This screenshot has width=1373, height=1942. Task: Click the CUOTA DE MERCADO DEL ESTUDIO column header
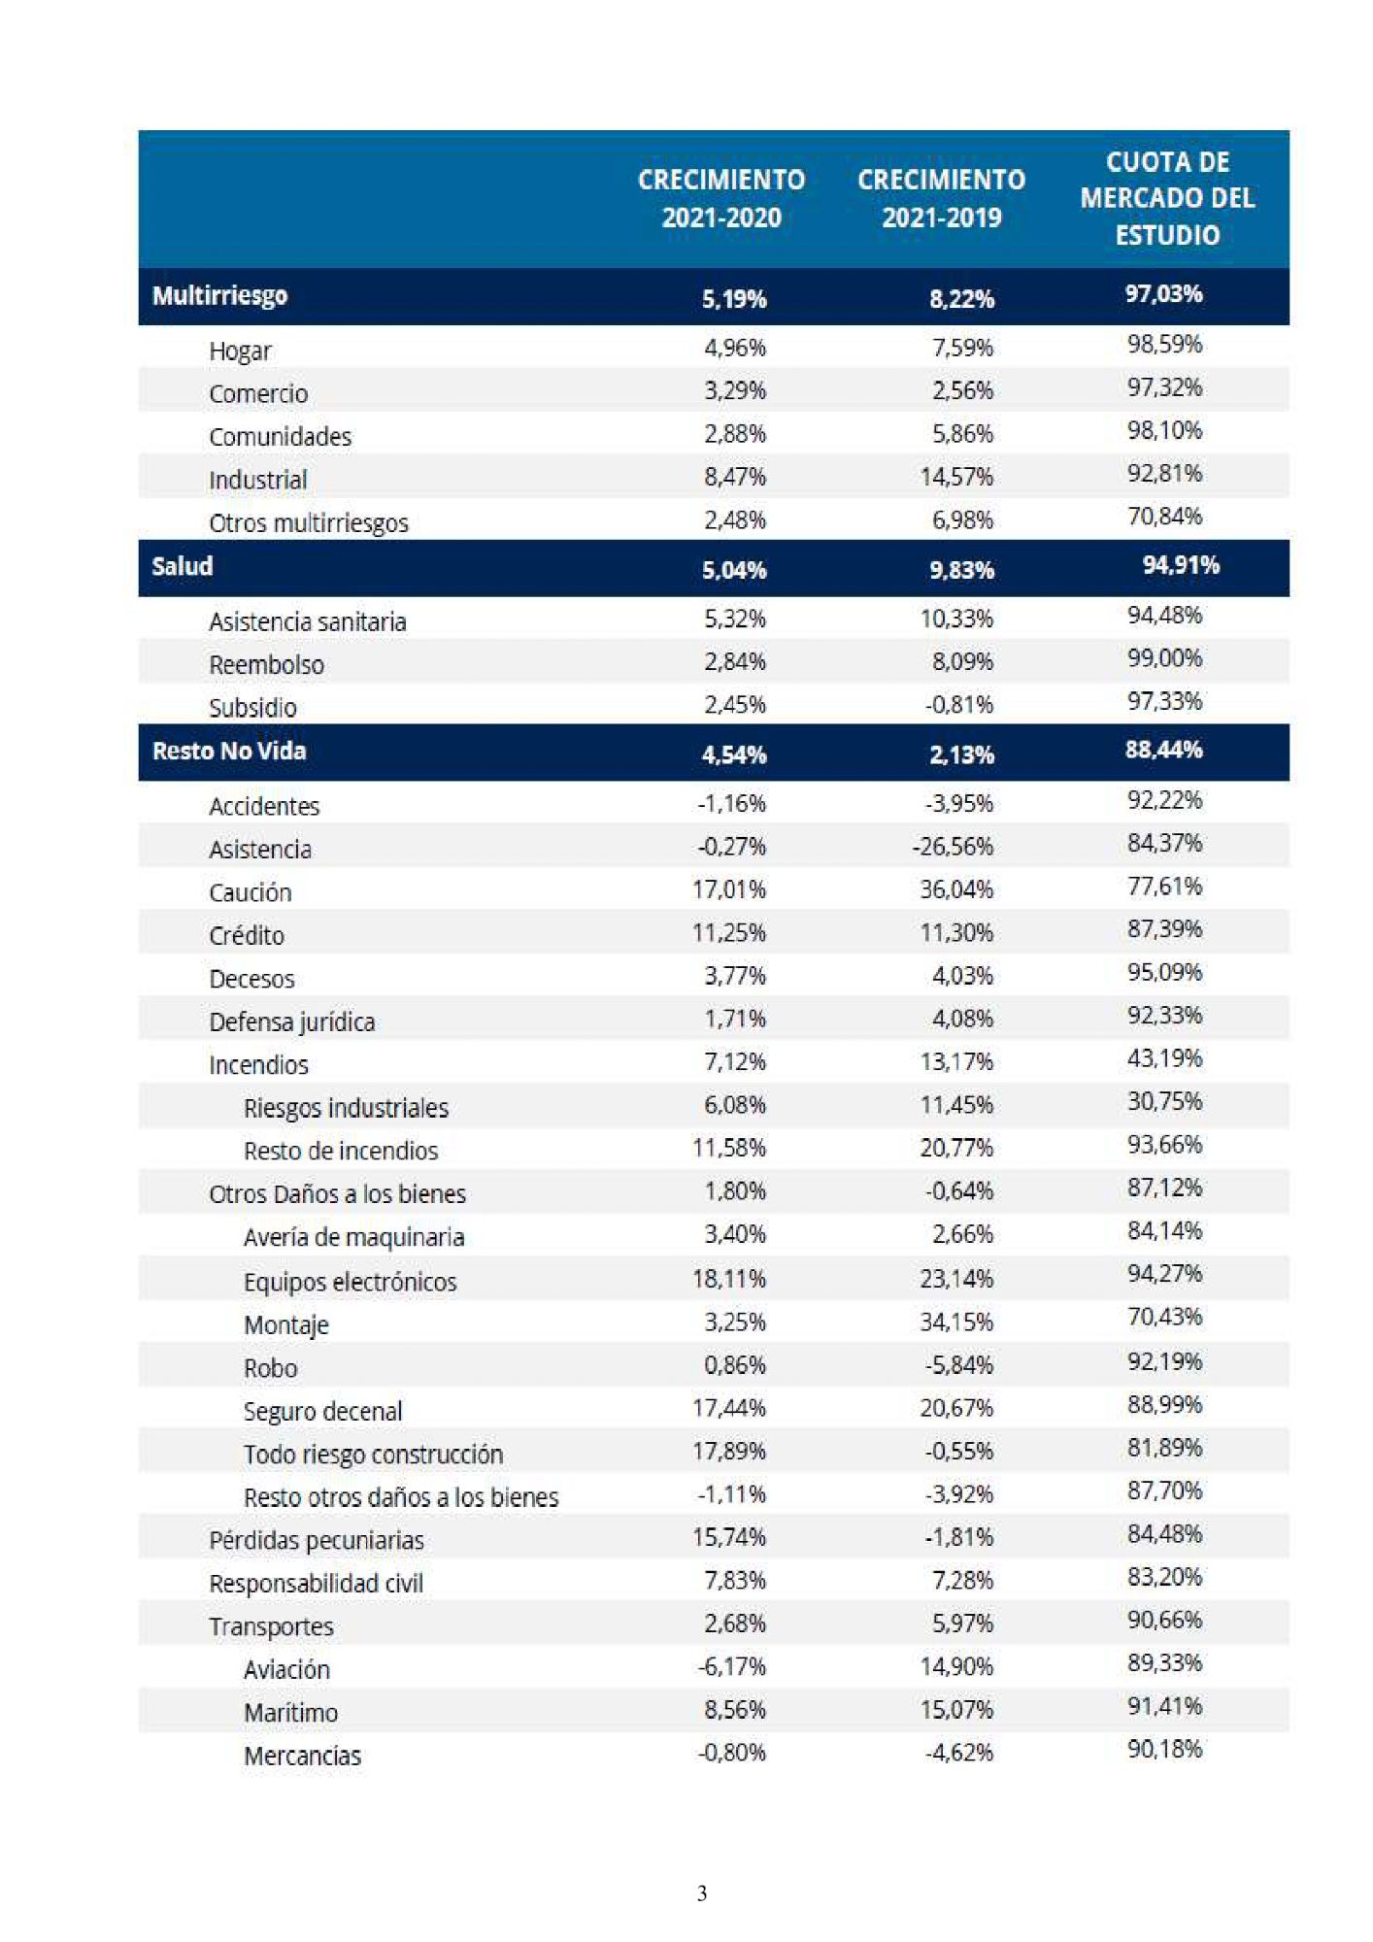[1167, 198]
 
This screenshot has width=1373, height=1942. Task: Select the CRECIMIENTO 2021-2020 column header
[721, 198]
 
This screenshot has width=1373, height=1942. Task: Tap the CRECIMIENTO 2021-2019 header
[941, 198]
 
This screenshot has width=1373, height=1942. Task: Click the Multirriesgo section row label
[219, 296]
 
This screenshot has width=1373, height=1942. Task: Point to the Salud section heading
[182, 566]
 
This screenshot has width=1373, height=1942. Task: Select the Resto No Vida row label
[229, 751]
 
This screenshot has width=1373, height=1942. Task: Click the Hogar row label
[240, 351]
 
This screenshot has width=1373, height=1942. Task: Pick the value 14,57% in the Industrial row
[956, 477]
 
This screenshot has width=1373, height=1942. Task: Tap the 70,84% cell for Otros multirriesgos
[1164, 516]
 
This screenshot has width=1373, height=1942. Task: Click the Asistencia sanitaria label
[307, 621]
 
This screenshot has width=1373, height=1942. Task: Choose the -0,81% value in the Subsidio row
[958, 704]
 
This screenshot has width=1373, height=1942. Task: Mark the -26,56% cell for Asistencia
[953, 847]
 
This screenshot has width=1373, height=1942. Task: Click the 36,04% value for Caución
[956, 889]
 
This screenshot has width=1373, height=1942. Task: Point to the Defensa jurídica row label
[291, 1022]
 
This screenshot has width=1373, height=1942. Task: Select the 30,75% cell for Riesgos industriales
[1164, 1101]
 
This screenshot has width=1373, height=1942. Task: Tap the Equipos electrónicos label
[350, 1282]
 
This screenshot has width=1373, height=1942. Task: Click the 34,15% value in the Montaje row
[956, 1322]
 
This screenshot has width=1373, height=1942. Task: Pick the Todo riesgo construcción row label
[373, 1455]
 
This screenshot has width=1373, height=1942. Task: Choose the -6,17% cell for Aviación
[731, 1666]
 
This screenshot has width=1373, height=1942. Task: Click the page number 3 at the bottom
[702, 1893]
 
